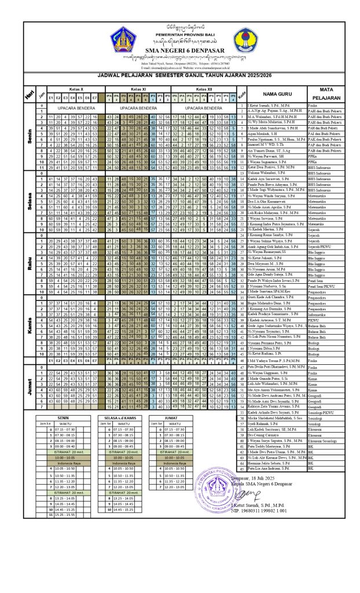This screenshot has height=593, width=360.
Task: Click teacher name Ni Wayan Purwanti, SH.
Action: tap(264, 156)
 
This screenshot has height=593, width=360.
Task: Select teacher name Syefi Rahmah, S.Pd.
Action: tap(264, 440)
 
